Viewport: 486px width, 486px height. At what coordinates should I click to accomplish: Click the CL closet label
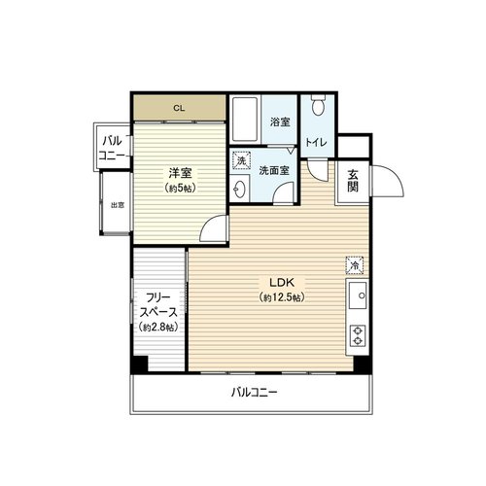(x=179, y=108)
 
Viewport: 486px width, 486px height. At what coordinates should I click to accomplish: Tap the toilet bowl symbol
(x=318, y=104)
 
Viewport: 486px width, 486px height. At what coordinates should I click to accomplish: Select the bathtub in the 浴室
(x=245, y=120)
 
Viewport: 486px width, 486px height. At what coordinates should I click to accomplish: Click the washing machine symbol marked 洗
(x=241, y=160)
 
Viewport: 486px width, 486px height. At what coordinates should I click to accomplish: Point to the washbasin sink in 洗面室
(x=240, y=189)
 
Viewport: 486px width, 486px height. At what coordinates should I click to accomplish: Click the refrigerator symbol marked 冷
(x=355, y=265)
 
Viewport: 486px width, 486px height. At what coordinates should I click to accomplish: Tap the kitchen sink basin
(x=358, y=295)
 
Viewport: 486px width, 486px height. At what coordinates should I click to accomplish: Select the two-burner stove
(x=358, y=335)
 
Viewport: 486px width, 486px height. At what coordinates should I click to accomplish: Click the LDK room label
(x=282, y=283)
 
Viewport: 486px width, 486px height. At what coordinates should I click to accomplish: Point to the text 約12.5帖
(x=282, y=297)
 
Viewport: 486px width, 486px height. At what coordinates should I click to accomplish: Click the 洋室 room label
(x=180, y=173)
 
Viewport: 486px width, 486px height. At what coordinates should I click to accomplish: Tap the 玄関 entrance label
(x=353, y=181)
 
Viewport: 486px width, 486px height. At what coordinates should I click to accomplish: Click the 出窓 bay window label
(x=118, y=205)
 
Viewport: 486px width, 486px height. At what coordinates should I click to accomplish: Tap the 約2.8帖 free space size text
(x=158, y=328)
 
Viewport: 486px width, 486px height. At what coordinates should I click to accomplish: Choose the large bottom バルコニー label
(x=255, y=393)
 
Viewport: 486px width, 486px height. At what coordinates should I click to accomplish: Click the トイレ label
(x=317, y=143)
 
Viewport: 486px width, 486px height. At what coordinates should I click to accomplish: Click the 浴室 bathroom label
(x=280, y=122)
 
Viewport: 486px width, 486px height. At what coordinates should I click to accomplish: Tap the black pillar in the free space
(x=139, y=364)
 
